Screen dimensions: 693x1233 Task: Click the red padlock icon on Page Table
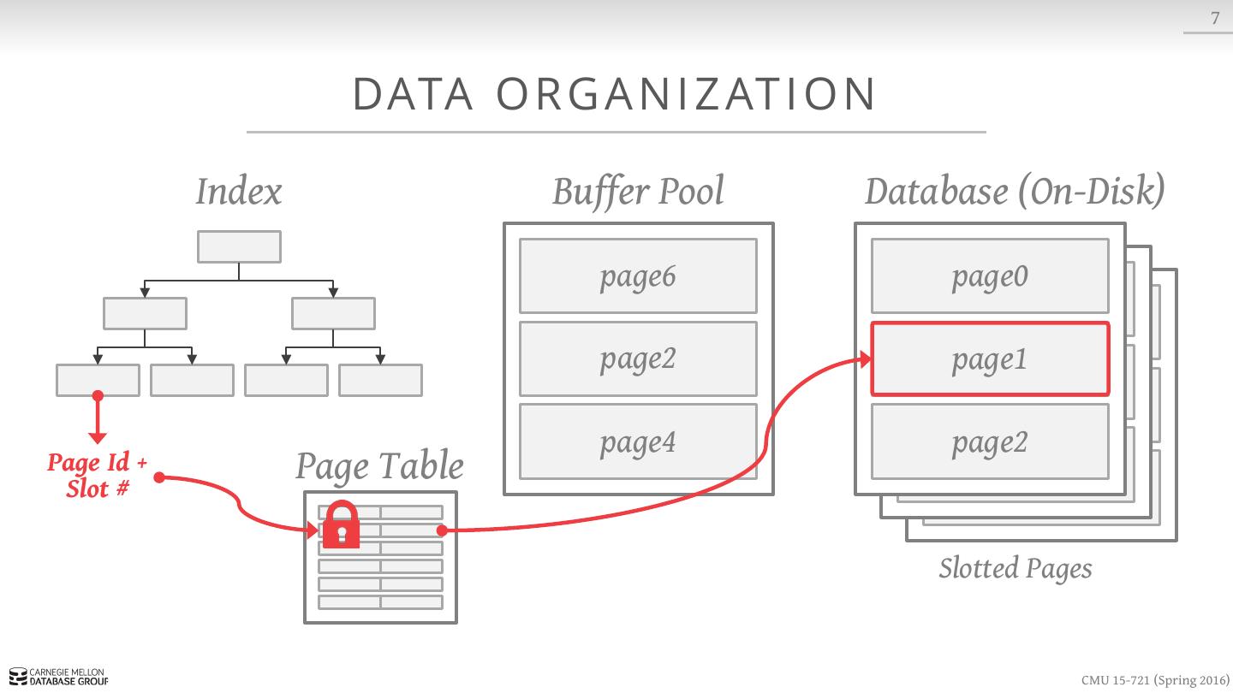tap(342, 524)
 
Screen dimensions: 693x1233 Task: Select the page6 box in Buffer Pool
tap(638, 275)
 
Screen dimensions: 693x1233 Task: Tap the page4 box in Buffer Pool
tap(638, 441)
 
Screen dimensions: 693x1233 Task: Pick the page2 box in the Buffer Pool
tap(638, 358)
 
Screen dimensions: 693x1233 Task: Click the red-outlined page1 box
tap(990, 359)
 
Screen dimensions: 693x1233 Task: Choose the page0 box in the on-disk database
tap(990, 275)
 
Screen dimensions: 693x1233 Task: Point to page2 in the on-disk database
tap(990, 441)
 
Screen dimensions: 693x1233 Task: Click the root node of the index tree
tap(239, 246)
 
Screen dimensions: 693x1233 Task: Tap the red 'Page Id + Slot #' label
tap(98, 476)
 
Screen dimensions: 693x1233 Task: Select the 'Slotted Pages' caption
tap(1016, 568)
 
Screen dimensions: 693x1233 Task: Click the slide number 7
tap(1214, 18)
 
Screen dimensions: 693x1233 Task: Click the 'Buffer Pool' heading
tap(638, 192)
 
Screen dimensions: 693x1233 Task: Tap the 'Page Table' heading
tap(379, 466)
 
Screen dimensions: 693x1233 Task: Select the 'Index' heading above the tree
tap(239, 192)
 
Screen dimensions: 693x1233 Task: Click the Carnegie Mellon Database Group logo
tap(59, 678)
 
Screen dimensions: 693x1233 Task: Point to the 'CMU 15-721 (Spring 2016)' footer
tap(1154, 680)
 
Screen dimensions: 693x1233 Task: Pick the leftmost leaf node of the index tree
tap(98, 380)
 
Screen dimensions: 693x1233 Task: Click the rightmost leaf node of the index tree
tap(380, 380)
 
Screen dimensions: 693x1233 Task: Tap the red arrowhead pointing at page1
tap(866, 359)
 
